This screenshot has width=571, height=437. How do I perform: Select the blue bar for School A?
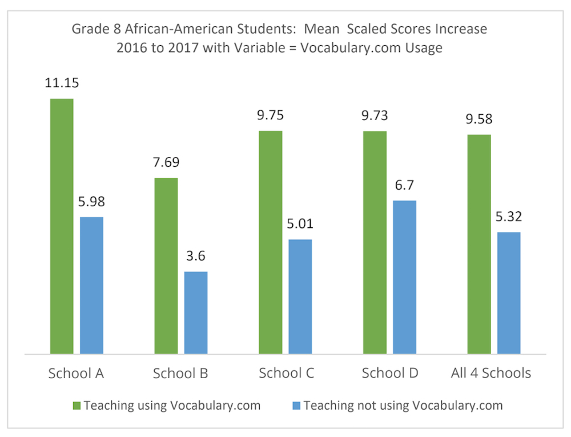point(91,286)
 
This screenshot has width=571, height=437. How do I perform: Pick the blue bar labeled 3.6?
point(196,313)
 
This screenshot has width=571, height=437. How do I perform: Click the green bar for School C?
point(271,242)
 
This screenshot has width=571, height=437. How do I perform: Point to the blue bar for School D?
point(404,277)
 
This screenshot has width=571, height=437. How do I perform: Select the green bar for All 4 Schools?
point(479,244)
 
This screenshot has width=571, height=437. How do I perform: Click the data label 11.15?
point(62,83)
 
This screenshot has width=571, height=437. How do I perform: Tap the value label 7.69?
point(166,162)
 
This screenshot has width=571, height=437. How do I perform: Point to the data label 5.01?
point(300,223)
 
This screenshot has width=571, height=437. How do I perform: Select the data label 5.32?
point(509,217)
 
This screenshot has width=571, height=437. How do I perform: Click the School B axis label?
point(180,374)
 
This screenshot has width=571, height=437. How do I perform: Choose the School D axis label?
point(390,373)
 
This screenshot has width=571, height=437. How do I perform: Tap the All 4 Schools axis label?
point(490,373)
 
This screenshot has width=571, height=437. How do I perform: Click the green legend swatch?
point(77,406)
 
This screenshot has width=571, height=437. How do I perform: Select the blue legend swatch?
point(296,406)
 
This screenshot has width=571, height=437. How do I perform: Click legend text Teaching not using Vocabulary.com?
point(403,406)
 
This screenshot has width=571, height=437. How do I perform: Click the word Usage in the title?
point(423,48)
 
